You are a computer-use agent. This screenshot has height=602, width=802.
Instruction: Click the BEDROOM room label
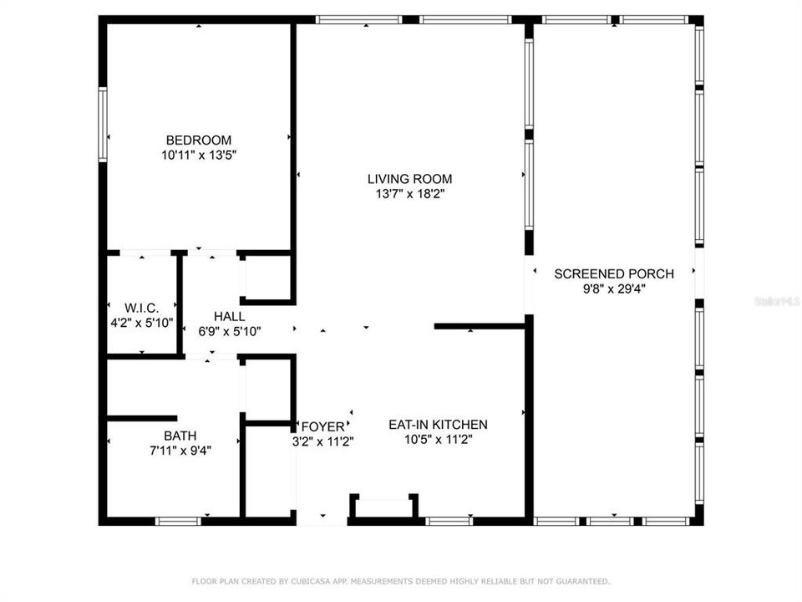199,140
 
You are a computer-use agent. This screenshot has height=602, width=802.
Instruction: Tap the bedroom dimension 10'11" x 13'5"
199,155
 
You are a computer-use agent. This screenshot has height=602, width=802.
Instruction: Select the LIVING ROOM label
409,179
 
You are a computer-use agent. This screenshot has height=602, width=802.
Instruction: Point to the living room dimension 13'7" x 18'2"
409,193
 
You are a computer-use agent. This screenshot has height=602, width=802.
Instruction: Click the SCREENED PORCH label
614,274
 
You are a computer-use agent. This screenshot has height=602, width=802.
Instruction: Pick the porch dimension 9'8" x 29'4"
614,288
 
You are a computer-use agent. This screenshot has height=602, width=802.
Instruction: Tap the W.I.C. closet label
142,309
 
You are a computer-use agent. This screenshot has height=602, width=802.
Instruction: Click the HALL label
229,316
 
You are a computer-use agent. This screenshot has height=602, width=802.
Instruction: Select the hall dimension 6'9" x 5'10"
230,331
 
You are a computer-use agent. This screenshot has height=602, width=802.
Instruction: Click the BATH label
180,436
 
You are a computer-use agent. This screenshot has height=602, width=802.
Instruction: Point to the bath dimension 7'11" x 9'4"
180,451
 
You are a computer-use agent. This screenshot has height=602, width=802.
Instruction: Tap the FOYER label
323,426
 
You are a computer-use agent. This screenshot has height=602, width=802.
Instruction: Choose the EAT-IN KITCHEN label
438,425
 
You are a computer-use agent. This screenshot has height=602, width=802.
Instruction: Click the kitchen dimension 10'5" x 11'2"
439,439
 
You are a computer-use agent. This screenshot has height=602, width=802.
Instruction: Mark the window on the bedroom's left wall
103,125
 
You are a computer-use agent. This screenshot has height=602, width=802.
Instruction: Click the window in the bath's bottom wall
178,521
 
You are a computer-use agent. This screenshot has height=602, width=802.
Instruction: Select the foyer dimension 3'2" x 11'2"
323,441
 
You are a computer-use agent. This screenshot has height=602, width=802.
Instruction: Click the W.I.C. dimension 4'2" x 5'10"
142,323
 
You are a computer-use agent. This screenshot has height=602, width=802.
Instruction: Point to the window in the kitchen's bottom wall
449,521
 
